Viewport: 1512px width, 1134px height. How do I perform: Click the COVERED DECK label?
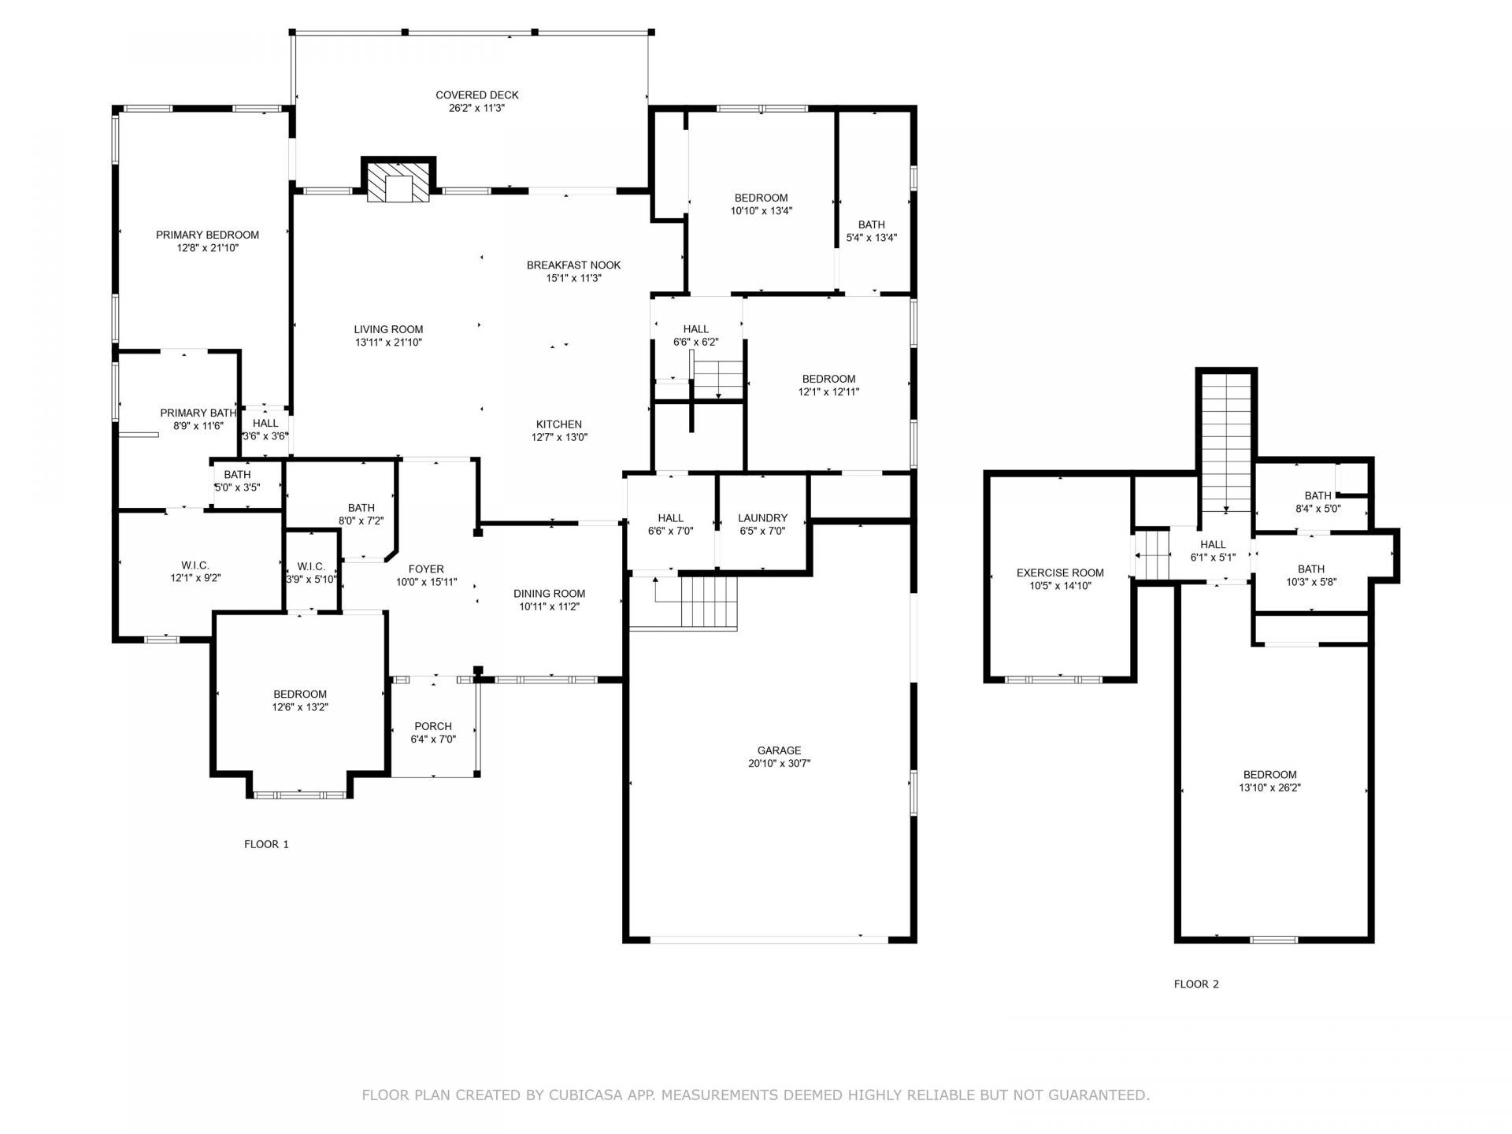(x=477, y=95)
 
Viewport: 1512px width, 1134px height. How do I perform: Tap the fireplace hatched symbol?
(x=398, y=183)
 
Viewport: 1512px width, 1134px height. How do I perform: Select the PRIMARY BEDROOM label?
(x=207, y=235)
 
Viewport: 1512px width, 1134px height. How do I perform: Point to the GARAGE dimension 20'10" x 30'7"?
(x=780, y=764)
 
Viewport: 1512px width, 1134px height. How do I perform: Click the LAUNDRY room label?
(x=762, y=518)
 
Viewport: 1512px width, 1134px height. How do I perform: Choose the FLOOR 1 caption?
(x=266, y=844)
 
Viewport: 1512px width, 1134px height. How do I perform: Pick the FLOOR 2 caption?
(x=1196, y=984)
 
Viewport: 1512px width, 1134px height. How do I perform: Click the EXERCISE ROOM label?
(x=1060, y=573)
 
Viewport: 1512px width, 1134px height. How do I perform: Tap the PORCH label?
(x=433, y=726)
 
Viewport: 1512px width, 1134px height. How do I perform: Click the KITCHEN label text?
(x=559, y=424)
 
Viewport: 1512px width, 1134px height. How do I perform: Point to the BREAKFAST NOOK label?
(x=574, y=265)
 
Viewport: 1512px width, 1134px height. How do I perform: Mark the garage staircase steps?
(x=709, y=602)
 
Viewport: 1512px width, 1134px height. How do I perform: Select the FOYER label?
(x=426, y=569)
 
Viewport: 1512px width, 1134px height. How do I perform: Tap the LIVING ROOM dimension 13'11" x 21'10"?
(x=388, y=343)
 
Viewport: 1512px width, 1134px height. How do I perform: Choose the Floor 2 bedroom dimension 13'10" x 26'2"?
(x=1269, y=787)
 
